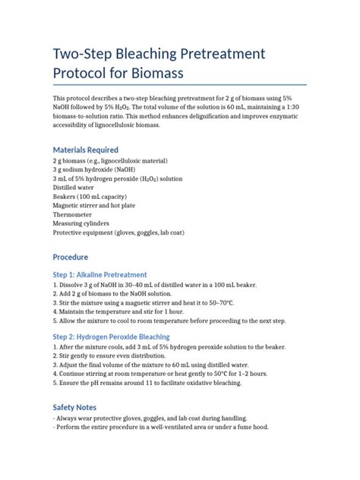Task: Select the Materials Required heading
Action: (x=85, y=150)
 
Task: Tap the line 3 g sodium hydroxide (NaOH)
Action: (x=103, y=172)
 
